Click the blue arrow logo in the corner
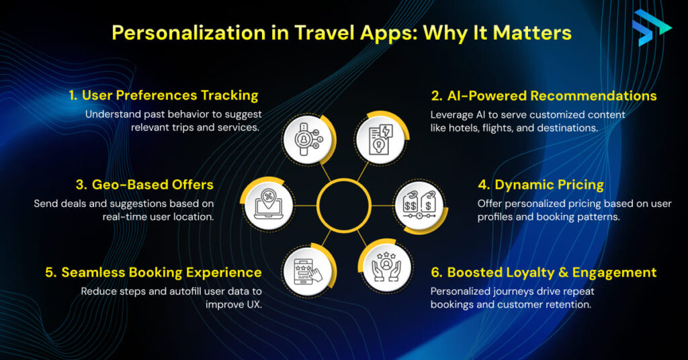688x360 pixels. click(x=650, y=28)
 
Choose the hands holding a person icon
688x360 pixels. click(x=386, y=266)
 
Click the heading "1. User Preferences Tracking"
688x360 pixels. click(x=164, y=95)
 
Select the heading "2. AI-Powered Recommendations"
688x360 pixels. click(x=544, y=95)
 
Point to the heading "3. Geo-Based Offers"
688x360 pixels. click(x=145, y=185)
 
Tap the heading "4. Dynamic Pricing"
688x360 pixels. click(x=541, y=185)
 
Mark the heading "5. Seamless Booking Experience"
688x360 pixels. click(x=154, y=272)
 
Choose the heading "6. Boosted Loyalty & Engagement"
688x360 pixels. click(x=544, y=272)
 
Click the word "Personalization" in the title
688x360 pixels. click(x=189, y=33)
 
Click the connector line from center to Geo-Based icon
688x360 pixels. click(x=306, y=206)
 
